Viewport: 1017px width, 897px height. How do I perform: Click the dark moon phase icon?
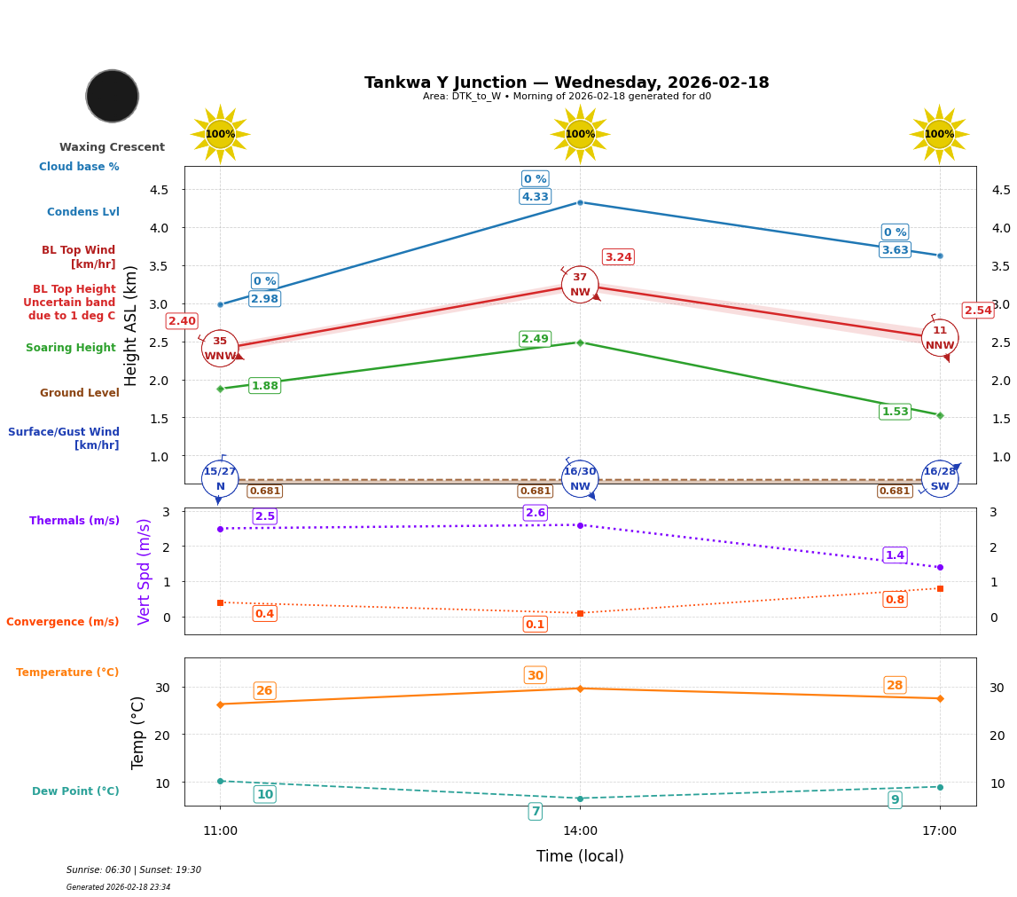point(113,96)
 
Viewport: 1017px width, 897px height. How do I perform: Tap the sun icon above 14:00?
point(580,134)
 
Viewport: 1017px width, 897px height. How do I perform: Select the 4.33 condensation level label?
point(535,197)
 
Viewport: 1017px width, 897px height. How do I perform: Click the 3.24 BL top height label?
point(618,257)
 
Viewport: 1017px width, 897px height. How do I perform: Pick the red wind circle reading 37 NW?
point(580,285)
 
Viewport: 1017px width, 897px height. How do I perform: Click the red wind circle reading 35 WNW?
point(220,349)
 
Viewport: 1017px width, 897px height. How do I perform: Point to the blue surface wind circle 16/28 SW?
point(940,479)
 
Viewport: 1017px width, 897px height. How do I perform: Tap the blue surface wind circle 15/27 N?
point(220,479)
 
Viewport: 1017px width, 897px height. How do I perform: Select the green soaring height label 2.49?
point(535,339)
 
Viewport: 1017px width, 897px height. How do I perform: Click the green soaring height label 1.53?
point(895,412)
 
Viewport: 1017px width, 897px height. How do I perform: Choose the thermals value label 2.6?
point(535,513)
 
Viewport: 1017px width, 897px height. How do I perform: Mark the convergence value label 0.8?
point(895,600)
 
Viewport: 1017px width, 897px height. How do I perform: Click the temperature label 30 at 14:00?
point(535,675)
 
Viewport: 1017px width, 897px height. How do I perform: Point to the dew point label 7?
point(535,811)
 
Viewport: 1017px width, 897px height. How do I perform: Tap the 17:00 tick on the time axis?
point(940,831)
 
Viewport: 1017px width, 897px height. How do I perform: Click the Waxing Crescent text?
point(112,147)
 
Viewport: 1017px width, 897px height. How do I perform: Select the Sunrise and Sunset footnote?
point(134,870)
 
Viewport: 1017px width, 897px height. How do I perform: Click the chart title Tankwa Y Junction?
point(567,83)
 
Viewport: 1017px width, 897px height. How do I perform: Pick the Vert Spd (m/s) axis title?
point(145,571)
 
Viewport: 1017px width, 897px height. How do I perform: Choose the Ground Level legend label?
point(80,393)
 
